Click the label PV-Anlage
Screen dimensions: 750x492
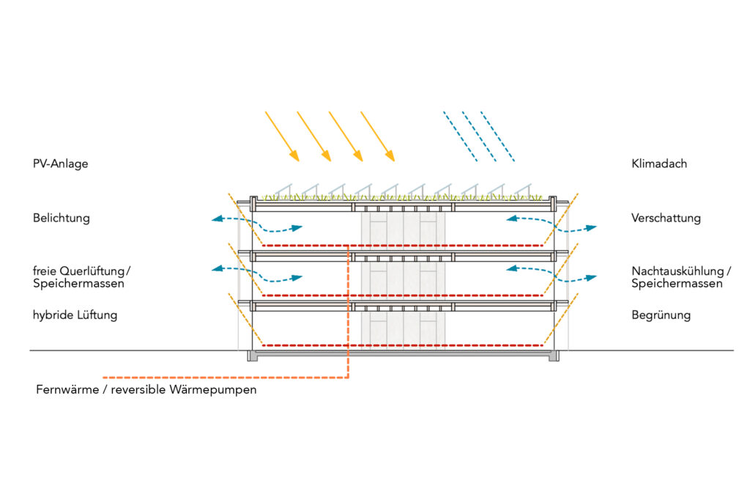pyautogui.click(x=60, y=164)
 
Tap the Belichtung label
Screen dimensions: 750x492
pyautogui.click(x=62, y=219)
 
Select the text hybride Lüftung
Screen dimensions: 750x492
pyautogui.click(x=75, y=315)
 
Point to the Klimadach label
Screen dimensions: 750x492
pyautogui.click(x=659, y=164)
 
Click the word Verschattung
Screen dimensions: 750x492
pyautogui.click(x=666, y=219)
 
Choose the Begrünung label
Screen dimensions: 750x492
pyautogui.click(x=661, y=315)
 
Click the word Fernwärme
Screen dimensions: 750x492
pyautogui.click(x=67, y=389)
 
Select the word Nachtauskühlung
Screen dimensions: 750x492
pyautogui.click(x=677, y=271)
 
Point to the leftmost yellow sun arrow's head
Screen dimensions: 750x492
pyautogui.click(x=294, y=155)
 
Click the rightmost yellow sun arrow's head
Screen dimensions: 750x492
pyautogui.click(x=390, y=155)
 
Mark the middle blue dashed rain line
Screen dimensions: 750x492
pyautogui.click(x=479, y=136)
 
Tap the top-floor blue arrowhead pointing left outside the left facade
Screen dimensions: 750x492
pyautogui.click(x=218, y=219)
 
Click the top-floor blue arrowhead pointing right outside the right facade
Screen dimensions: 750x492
pyautogui.click(x=591, y=227)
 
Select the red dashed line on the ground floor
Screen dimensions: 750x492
pyautogui.click(x=402, y=345)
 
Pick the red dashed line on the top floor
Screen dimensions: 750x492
pyautogui.click(x=402, y=246)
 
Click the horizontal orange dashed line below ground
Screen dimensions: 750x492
pyautogui.click(x=226, y=378)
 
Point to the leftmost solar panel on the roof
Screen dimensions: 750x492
pyautogui.click(x=283, y=191)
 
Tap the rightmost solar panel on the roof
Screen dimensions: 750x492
pyautogui.click(x=523, y=191)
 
